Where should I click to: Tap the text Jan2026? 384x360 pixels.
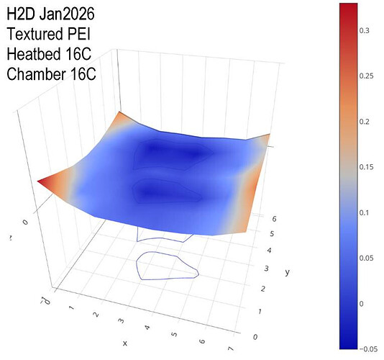coord(67,14)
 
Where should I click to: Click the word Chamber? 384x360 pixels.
coord(36,74)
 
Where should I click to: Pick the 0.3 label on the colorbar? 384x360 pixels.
coord(364,31)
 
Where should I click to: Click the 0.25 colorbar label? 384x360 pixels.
coord(366,76)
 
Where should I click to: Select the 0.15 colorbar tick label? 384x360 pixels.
coord(366,167)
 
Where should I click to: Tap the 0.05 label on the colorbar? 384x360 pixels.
coord(366,258)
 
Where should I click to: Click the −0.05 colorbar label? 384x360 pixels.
coord(368,349)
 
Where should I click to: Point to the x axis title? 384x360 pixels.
coord(125,343)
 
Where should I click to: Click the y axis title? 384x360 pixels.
coord(287,272)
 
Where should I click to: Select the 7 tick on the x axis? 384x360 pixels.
coord(231,348)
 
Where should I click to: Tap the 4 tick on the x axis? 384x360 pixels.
coord(147,327)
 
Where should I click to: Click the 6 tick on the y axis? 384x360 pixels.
coord(274,219)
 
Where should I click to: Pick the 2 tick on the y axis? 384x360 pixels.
coord(262,289)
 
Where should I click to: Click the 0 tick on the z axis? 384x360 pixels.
coord(25,222)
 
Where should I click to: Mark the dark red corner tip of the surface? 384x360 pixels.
coord(38,181)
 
